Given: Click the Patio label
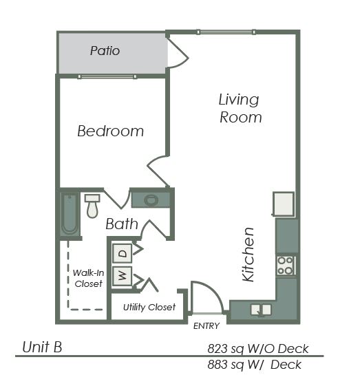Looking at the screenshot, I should [x=105, y=51].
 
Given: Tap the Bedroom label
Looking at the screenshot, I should [x=110, y=131].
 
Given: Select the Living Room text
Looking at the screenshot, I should [x=240, y=108].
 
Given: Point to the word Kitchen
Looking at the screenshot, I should [x=249, y=255].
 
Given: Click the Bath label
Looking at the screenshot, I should [x=122, y=224].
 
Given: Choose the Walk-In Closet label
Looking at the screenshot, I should [x=88, y=278].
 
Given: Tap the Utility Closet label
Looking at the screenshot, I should [x=149, y=307].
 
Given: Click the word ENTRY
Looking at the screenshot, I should [x=207, y=325].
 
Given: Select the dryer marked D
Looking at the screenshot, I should [x=123, y=253].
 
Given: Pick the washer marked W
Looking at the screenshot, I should [x=123, y=277].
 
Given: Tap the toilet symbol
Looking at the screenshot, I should [x=92, y=205].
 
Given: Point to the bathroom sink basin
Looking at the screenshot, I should [x=151, y=200].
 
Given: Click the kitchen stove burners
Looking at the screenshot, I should [x=286, y=265].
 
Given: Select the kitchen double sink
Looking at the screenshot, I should [x=260, y=310].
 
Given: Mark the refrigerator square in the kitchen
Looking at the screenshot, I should [x=284, y=204].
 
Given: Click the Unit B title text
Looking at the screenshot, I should [x=42, y=347].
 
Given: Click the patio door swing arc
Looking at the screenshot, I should [x=178, y=54].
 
